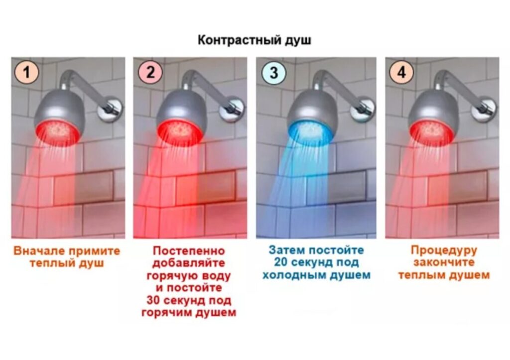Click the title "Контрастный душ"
tap(255, 40)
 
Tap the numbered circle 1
tap(26, 72)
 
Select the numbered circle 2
tap(150, 72)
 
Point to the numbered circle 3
tap(274, 72)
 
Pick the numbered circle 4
tap(402, 72)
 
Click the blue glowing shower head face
tap(309, 132)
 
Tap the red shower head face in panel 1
tap(58, 132)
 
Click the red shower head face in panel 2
tap(180, 132)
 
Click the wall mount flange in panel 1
tap(110, 110)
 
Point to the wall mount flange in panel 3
tap(363, 110)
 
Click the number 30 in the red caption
tap(153, 300)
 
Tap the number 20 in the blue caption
tap(281, 262)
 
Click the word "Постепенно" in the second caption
tap(189, 251)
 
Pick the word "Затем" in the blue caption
tap(286, 250)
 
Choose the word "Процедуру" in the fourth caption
tap(444, 251)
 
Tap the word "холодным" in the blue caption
tap(295, 275)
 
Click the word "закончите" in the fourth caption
tap(444, 262)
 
